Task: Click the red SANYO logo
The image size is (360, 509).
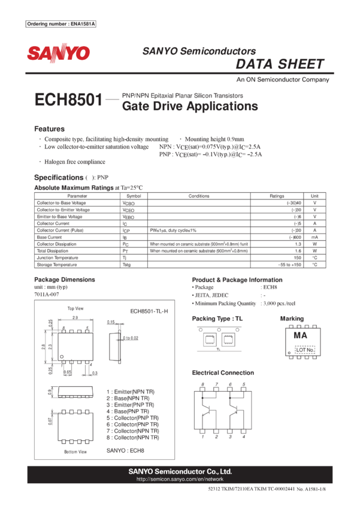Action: (x=58, y=53)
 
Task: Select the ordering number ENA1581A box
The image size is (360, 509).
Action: (x=62, y=24)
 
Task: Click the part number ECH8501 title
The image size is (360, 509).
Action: (x=68, y=101)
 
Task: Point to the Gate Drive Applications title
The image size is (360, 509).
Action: (x=190, y=107)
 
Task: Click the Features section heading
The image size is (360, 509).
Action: (x=49, y=129)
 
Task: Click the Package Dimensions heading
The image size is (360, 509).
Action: (x=64, y=280)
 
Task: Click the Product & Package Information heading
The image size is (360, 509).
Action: (x=237, y=280)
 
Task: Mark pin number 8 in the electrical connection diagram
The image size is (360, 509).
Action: (x=202, y=384)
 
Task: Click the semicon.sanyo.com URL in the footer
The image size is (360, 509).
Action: (x=180, y=480)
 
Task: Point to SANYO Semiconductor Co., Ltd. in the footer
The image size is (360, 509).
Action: (x=180, y=472)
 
